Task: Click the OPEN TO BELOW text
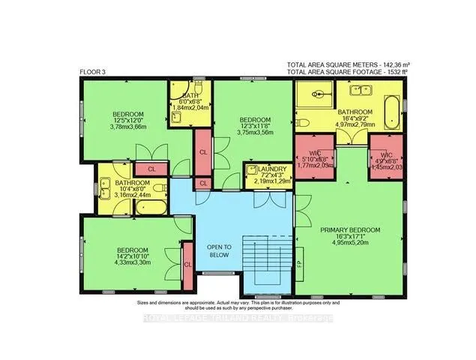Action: click(220, 250)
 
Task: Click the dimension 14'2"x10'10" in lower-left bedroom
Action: click(131, 256)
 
